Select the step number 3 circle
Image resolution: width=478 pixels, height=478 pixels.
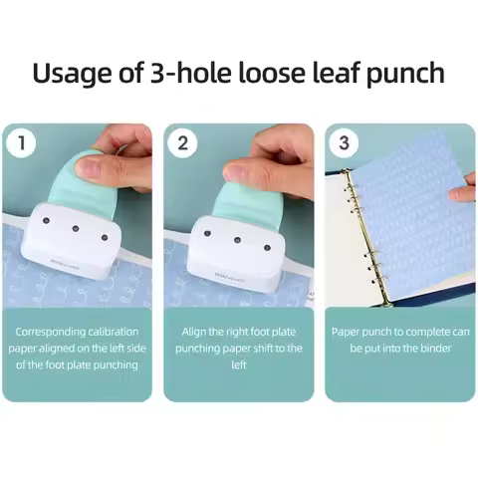tap(344, 142)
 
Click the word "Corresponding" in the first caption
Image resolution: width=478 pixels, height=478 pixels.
tap(57, 331)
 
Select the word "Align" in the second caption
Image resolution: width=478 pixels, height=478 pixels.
tap(197, 331)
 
